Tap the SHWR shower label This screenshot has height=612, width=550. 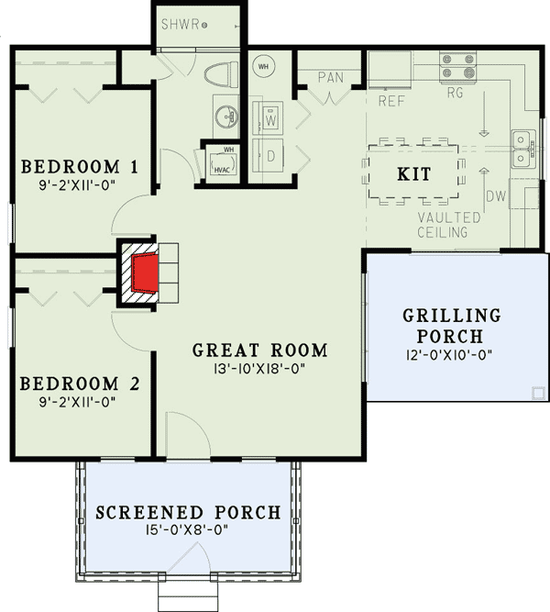(179, 25)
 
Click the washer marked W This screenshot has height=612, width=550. (271, 118)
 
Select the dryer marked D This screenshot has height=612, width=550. (271, 155)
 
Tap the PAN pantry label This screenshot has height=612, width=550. (330, 77)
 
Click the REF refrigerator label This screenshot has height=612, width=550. (391, 101)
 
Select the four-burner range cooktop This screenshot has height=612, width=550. (458, 67)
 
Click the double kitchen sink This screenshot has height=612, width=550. (523, 149)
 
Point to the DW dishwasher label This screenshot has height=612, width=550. (495, 195)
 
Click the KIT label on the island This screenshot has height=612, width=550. (414, 174)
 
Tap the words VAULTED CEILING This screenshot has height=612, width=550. (448, 225)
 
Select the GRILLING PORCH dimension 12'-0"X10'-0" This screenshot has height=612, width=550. (452, 354)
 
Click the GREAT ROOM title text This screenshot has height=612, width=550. (259, 350)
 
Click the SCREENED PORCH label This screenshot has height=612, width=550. (187, 512)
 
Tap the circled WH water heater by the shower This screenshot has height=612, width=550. (263, 65)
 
